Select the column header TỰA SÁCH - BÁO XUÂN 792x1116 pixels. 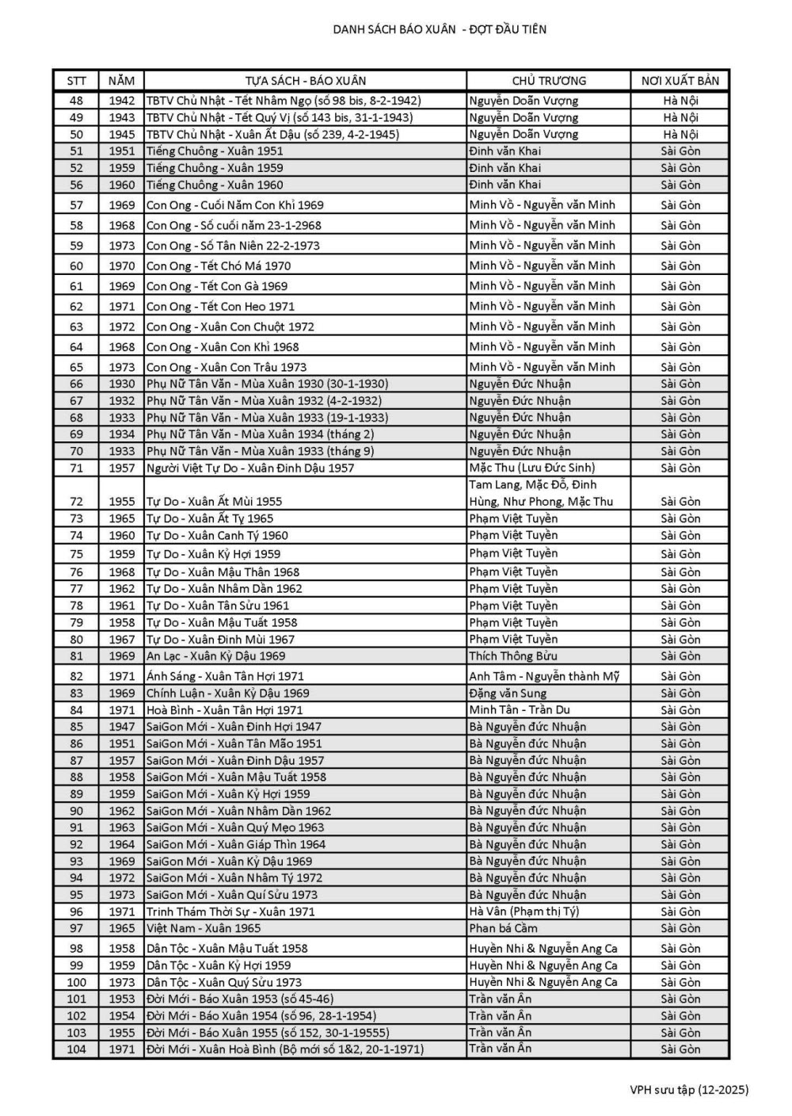(x=305, y=81)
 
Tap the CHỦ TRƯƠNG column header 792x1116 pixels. (x=548, y=81)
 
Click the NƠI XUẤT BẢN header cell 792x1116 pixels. (x=680, y=81)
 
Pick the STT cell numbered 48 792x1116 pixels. (x=76, y=101)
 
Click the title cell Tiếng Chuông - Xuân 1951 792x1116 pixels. (x=215, y=151)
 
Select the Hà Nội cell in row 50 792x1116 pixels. (x=680, y=135)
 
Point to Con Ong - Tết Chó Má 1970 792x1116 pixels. (x=219, y=266)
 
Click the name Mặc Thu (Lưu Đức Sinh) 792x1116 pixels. (x=531, y=468)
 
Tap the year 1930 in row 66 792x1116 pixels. (x=122, y=384)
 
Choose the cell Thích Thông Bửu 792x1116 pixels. (x=512, y=655)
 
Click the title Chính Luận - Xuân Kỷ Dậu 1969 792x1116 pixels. (x=227, y=694)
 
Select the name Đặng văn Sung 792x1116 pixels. (x=507, y=694)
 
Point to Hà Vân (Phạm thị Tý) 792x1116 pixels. (x=524, y=912)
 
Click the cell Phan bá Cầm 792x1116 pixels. (x=503, y=928)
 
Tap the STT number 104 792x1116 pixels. (x=76, y=1049)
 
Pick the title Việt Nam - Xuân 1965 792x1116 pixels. (x=204, y=928)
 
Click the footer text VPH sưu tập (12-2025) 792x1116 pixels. (x=689, y=1090)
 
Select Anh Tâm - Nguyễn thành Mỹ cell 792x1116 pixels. (x=543, y=676)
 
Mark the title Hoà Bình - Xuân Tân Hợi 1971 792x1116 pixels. (x=224, y=710)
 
